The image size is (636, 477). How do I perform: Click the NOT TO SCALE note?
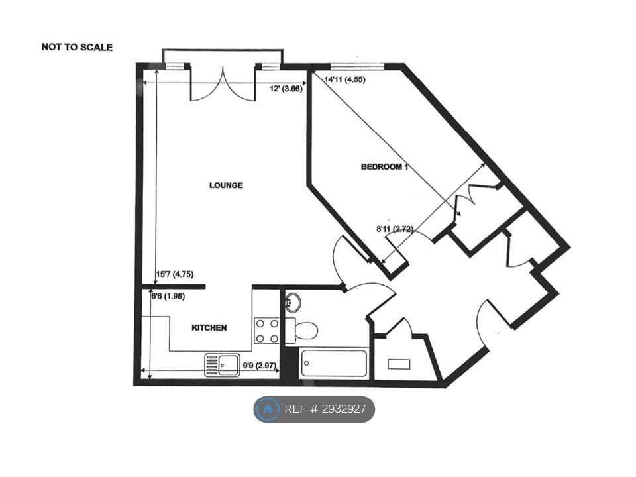(x=77, y=47)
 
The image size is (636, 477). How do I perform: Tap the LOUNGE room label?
(x=226, y=185)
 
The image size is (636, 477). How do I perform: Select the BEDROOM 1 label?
(x=384, y=167)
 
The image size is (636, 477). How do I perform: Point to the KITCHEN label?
(x=209, y=328)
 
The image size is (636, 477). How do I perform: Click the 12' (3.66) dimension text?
(x=286, y=89)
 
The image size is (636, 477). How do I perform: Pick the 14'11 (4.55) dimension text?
(x=344, y=79)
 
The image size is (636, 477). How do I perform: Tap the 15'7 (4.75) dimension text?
(x=175, y=274)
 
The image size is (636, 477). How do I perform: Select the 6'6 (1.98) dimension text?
(x=168, y=297)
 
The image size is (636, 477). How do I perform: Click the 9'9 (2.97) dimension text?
(x=259, y=365)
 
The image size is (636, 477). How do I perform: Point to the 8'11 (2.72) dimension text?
(x=395, y=229)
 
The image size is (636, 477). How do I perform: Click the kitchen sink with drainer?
(x=222, y=364)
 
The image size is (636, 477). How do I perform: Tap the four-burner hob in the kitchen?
(x=267, y=331)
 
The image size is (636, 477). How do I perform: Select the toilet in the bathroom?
(x=301, y=330)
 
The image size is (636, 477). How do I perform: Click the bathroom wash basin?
(x=293, y=303)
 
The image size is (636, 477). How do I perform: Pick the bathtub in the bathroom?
(x=334, y=364)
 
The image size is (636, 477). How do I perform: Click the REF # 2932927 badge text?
(x=325, y=409)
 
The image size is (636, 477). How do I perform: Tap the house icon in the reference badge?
(x=268, y=409)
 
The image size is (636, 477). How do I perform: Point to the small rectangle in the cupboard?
(x=399, y=364)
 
